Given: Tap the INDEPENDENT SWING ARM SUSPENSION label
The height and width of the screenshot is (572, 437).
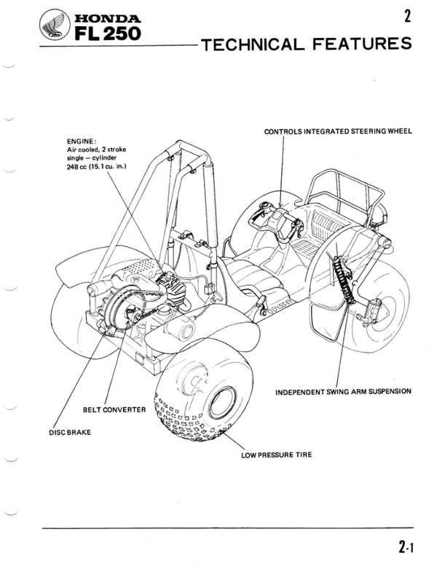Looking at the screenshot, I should (x=344, y=391).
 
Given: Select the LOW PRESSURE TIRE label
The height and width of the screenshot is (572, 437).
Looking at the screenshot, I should (x=276, y=455).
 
